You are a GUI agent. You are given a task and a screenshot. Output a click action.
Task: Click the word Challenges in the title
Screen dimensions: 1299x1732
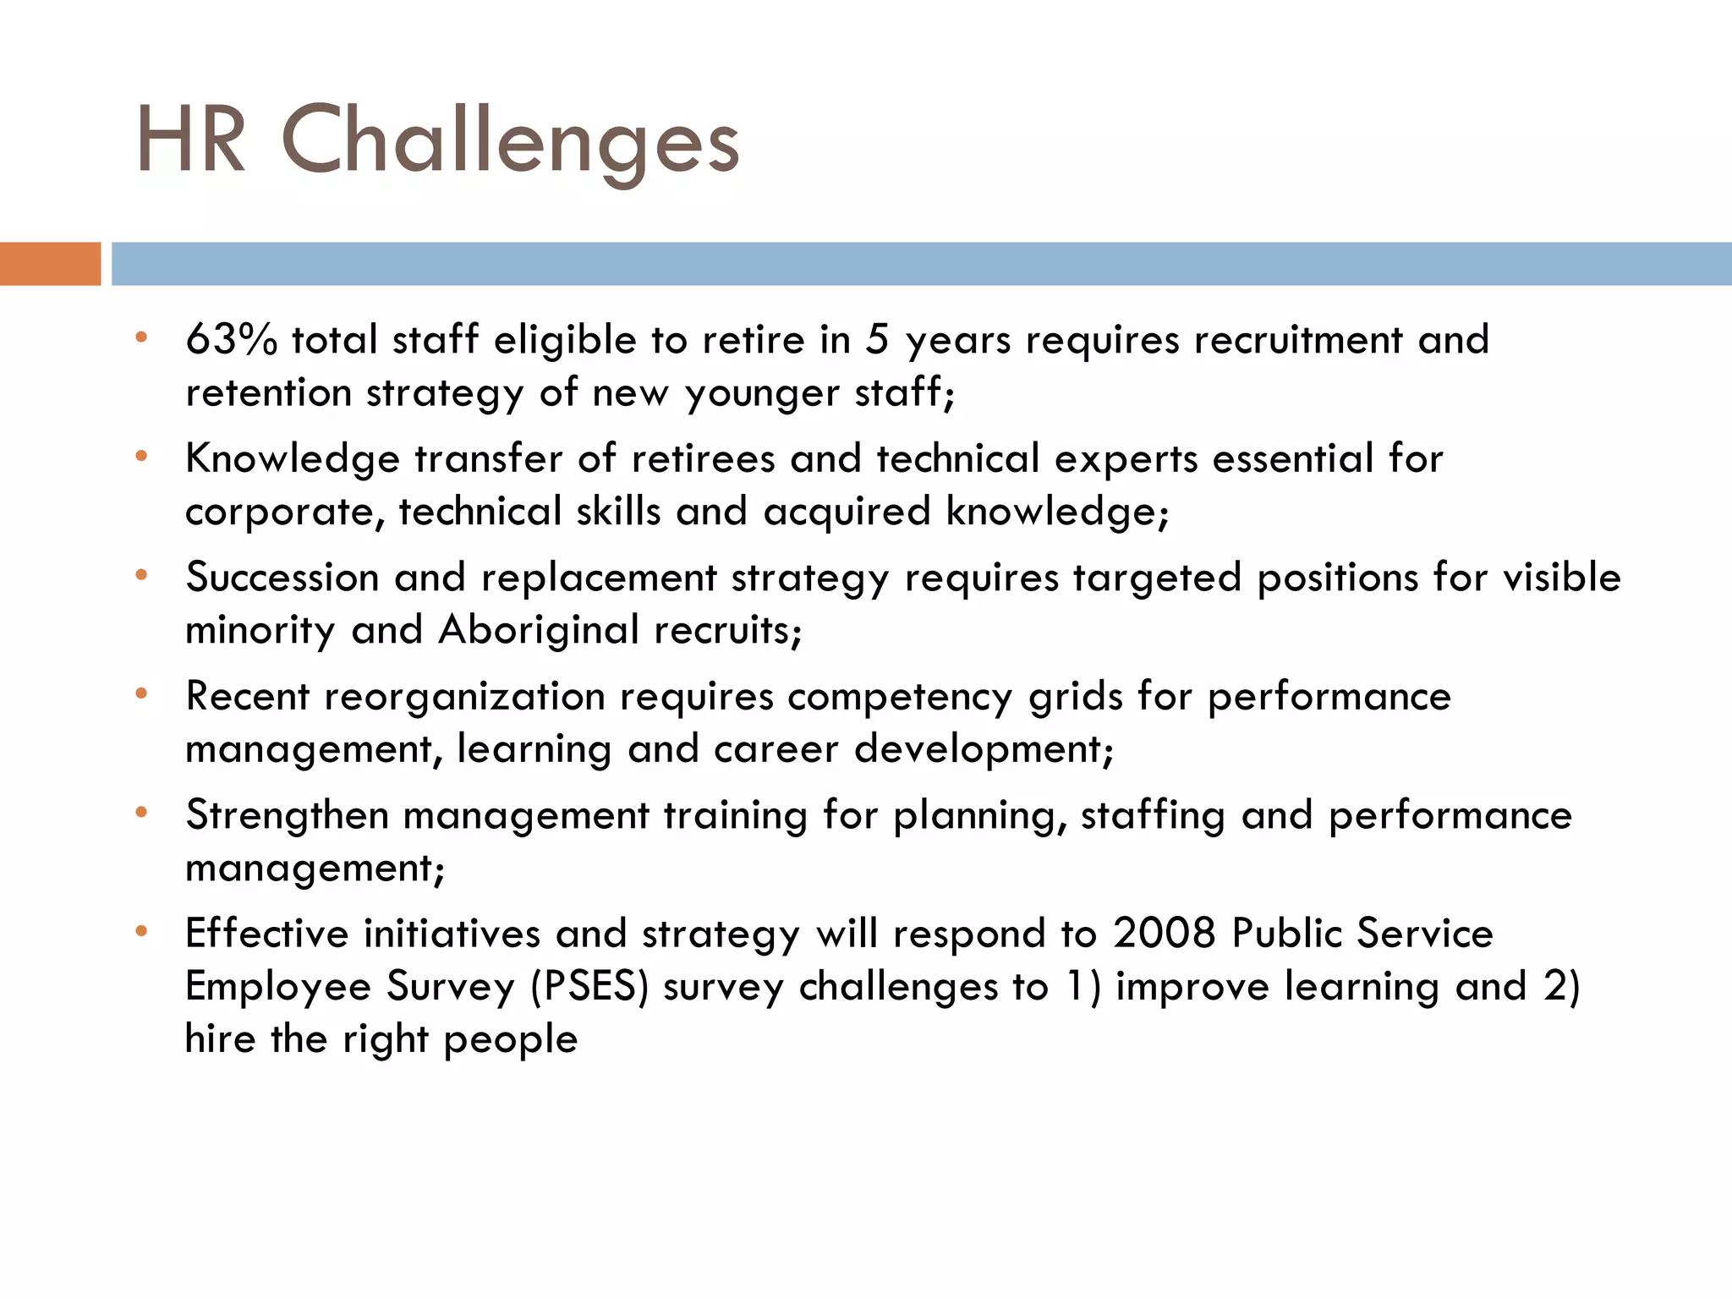click(510, 142)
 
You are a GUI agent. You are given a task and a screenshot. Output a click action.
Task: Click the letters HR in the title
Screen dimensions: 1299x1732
click(191, 142)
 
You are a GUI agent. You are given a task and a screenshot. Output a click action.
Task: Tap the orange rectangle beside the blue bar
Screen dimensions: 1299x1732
click(50, 264)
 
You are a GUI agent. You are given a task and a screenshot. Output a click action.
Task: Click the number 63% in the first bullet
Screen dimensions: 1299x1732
click(231, 339)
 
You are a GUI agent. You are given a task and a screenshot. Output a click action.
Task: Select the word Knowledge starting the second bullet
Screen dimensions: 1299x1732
click(292, 459)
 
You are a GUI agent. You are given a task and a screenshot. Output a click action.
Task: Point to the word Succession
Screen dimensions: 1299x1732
click(282, 578)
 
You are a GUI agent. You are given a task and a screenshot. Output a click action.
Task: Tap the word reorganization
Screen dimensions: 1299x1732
click(464, 697)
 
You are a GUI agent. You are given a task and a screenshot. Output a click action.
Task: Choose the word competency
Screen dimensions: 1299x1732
click(899, 699)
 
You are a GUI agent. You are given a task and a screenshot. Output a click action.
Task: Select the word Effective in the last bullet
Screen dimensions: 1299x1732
click(266, 934)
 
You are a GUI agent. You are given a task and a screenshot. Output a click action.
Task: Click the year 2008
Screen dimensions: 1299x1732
click(1165, 934)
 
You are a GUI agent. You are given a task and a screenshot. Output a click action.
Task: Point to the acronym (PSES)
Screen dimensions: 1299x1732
click(589, 987)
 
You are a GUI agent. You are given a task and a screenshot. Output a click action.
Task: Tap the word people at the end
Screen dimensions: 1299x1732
click(510, 1040)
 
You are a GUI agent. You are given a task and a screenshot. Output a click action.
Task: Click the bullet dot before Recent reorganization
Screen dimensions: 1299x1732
click(141, 694)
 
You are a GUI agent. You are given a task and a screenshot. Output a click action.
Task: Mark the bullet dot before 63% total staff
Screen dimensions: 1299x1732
click(141, 338)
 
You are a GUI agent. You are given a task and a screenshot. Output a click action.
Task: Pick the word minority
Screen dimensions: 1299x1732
click(260, 630)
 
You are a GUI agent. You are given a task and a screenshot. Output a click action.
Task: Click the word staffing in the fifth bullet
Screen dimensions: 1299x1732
click(1153, 815)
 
